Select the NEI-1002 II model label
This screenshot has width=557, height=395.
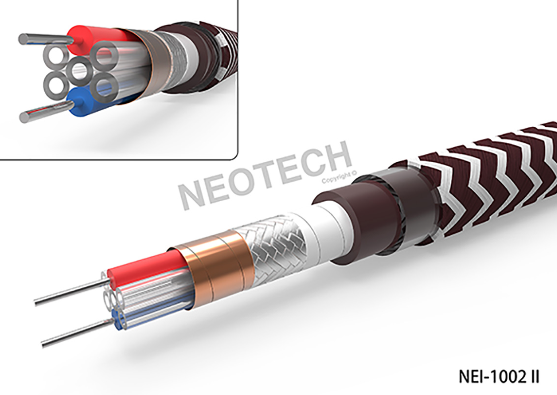point(499,376)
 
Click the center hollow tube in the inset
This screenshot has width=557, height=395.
point(78,71)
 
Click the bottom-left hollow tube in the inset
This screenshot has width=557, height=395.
point(55,85)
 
